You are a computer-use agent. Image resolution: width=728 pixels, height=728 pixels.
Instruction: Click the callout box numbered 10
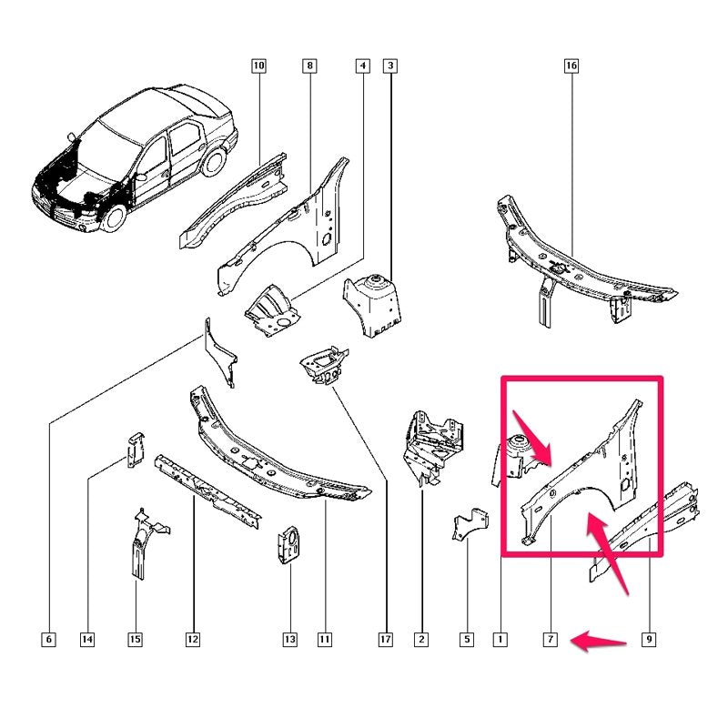(x=258, y=66)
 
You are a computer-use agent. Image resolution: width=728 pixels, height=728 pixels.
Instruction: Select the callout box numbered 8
(x=309, y=66)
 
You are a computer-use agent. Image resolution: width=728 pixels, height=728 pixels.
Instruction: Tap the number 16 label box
(x=571, y=66)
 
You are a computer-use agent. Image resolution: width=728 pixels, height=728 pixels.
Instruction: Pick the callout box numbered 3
(x=390, y=66)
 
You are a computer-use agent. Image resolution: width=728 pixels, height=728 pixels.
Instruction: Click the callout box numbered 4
(x=362, y=66)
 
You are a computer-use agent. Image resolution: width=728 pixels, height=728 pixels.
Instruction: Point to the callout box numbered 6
(x=49, y=640)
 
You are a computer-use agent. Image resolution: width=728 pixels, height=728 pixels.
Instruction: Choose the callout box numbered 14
(x=87, y=640)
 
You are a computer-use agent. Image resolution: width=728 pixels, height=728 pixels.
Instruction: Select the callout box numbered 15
(x=135, y=640)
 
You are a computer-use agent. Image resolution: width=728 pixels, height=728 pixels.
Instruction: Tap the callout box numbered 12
(x=193, y=640)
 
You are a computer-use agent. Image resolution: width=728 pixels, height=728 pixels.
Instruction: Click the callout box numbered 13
(x=289, y=640)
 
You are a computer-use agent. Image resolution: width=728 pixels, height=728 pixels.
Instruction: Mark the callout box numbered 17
(x=386, y=640)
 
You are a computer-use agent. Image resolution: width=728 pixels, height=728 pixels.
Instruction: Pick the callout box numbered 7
(x=551, y=640)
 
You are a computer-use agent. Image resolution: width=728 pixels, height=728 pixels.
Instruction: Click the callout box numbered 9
(x=649, y=640)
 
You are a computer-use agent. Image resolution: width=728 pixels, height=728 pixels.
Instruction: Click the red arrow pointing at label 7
(x=599, y=642)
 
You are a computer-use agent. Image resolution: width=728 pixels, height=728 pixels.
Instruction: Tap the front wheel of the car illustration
(x=113, y=218)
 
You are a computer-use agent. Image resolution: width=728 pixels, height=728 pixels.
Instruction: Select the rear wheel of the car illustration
(x=214, y=161)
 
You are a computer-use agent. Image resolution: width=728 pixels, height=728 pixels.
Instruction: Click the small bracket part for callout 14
(x=135, y=450)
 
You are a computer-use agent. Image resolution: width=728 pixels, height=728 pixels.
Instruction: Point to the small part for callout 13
(x=288, y=545)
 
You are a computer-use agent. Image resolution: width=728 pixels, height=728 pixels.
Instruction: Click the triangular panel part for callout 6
(x=219, y=354)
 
